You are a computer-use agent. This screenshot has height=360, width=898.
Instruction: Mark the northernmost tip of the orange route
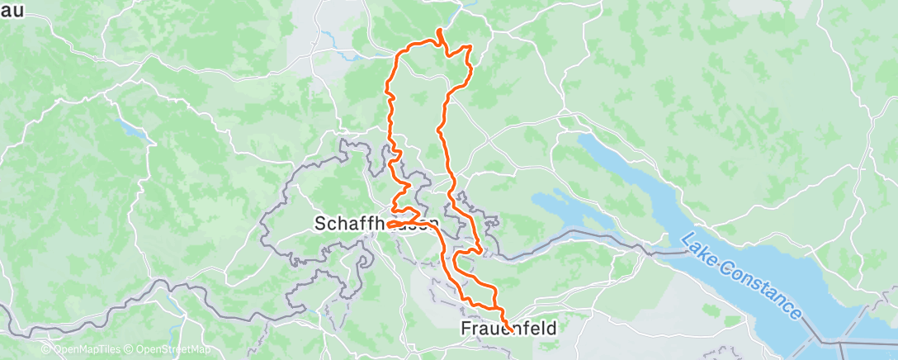[439, 31]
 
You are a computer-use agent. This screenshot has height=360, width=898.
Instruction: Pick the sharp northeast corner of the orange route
[470, 46]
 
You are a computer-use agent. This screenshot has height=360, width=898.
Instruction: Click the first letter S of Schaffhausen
[320, 223]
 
